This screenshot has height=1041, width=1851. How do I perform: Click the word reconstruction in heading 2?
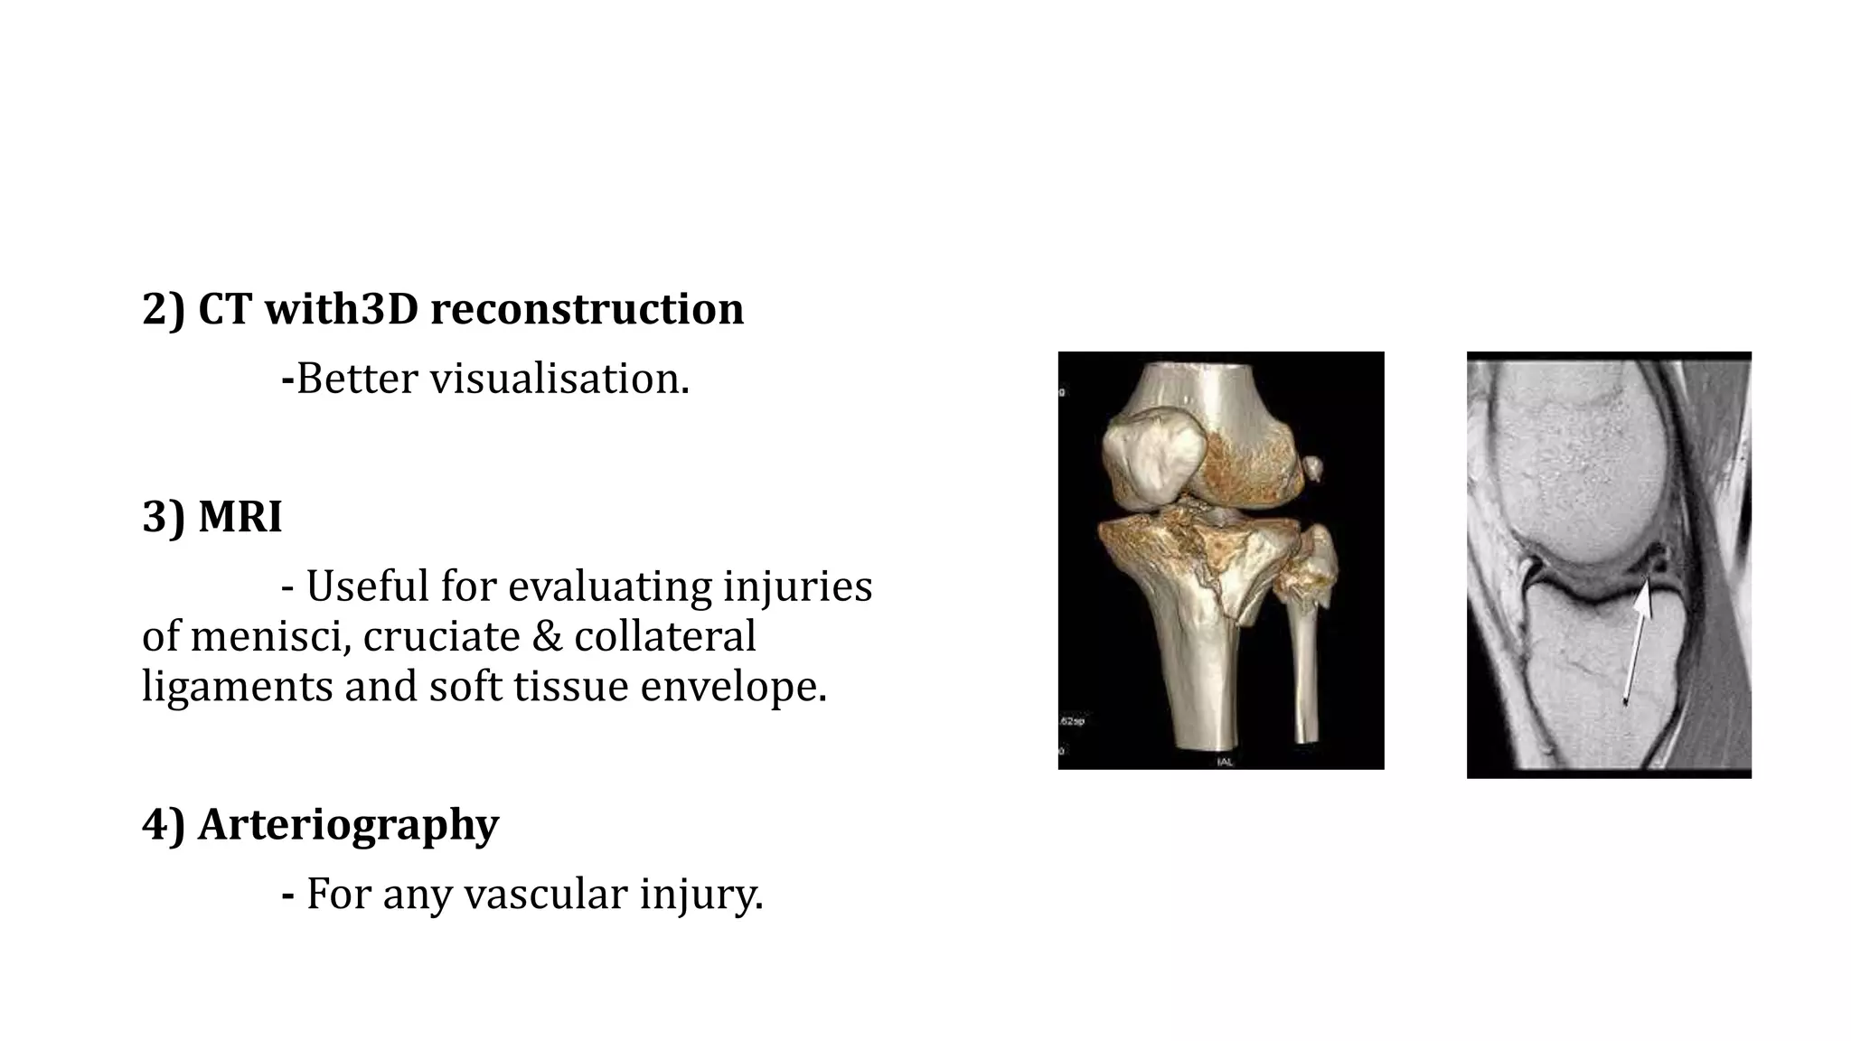pyautogui.click(x=587, y=309)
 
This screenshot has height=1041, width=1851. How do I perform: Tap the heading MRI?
pyautogui.click(x=240, y=518)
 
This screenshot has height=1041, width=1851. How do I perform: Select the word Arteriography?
pyautogui.click(x=348, y=825)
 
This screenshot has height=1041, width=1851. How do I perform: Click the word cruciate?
pyautogui.click(x=441, y=636)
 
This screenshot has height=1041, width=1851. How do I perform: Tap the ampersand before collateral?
pyautogui.click(x=546, y=636)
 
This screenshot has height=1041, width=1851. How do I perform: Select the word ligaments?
pyautogui.click(x=237, y=687)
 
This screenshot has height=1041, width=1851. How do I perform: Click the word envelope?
pyautogui.click(x=734, y=687)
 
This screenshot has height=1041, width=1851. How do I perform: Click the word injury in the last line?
pyautogui.click(x=701, y=895)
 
